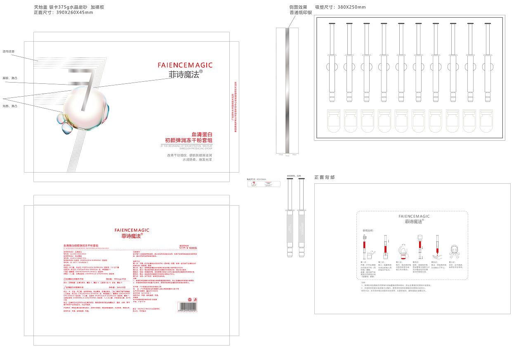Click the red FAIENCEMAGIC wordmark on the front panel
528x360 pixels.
pyautogui.click(x=185, y=65)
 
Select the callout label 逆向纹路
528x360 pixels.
pyautogui.click(x=9, y=52)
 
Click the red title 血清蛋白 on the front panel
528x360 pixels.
pyautogui.click(x=202, y=134)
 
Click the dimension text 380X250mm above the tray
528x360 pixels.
pyautogui.click(x=340, y=7)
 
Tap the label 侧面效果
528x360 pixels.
pyautogui.click(x=298, y=7)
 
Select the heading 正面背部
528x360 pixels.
pyautogui.click(x=325, y=177)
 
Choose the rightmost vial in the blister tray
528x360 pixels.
pyautogui.click(x=486, y=121)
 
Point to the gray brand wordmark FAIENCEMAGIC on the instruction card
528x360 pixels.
pyautogui.click(x=414, y=216)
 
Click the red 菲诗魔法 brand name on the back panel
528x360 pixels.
pyautogui.click(x=132, y=236)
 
